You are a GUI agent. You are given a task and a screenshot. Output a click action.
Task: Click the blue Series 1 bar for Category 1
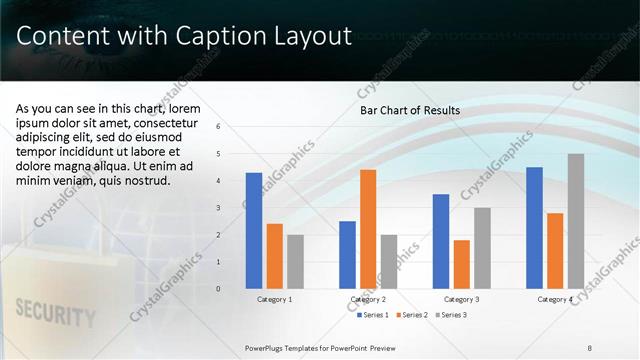tap(254, 230)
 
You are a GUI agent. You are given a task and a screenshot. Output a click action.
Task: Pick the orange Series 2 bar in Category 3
tap(461, 263)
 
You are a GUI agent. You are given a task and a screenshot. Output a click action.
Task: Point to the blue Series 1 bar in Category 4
tap(534, 227)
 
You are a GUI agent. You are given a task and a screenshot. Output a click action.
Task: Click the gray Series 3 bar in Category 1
tap(295, 261)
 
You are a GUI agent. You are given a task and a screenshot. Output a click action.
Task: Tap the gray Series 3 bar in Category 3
tap(482, 247)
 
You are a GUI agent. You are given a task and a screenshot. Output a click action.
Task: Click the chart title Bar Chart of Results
tap(410, 110)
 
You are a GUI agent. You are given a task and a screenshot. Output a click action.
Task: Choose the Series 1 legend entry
tap(375, 315)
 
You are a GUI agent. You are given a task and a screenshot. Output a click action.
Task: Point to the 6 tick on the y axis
tap(232, 127)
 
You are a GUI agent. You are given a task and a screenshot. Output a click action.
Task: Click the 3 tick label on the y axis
tap(232, 208)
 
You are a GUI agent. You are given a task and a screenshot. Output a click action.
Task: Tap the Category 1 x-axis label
tap(275, 299)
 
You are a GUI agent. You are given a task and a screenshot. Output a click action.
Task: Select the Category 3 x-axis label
tap(461, 299)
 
